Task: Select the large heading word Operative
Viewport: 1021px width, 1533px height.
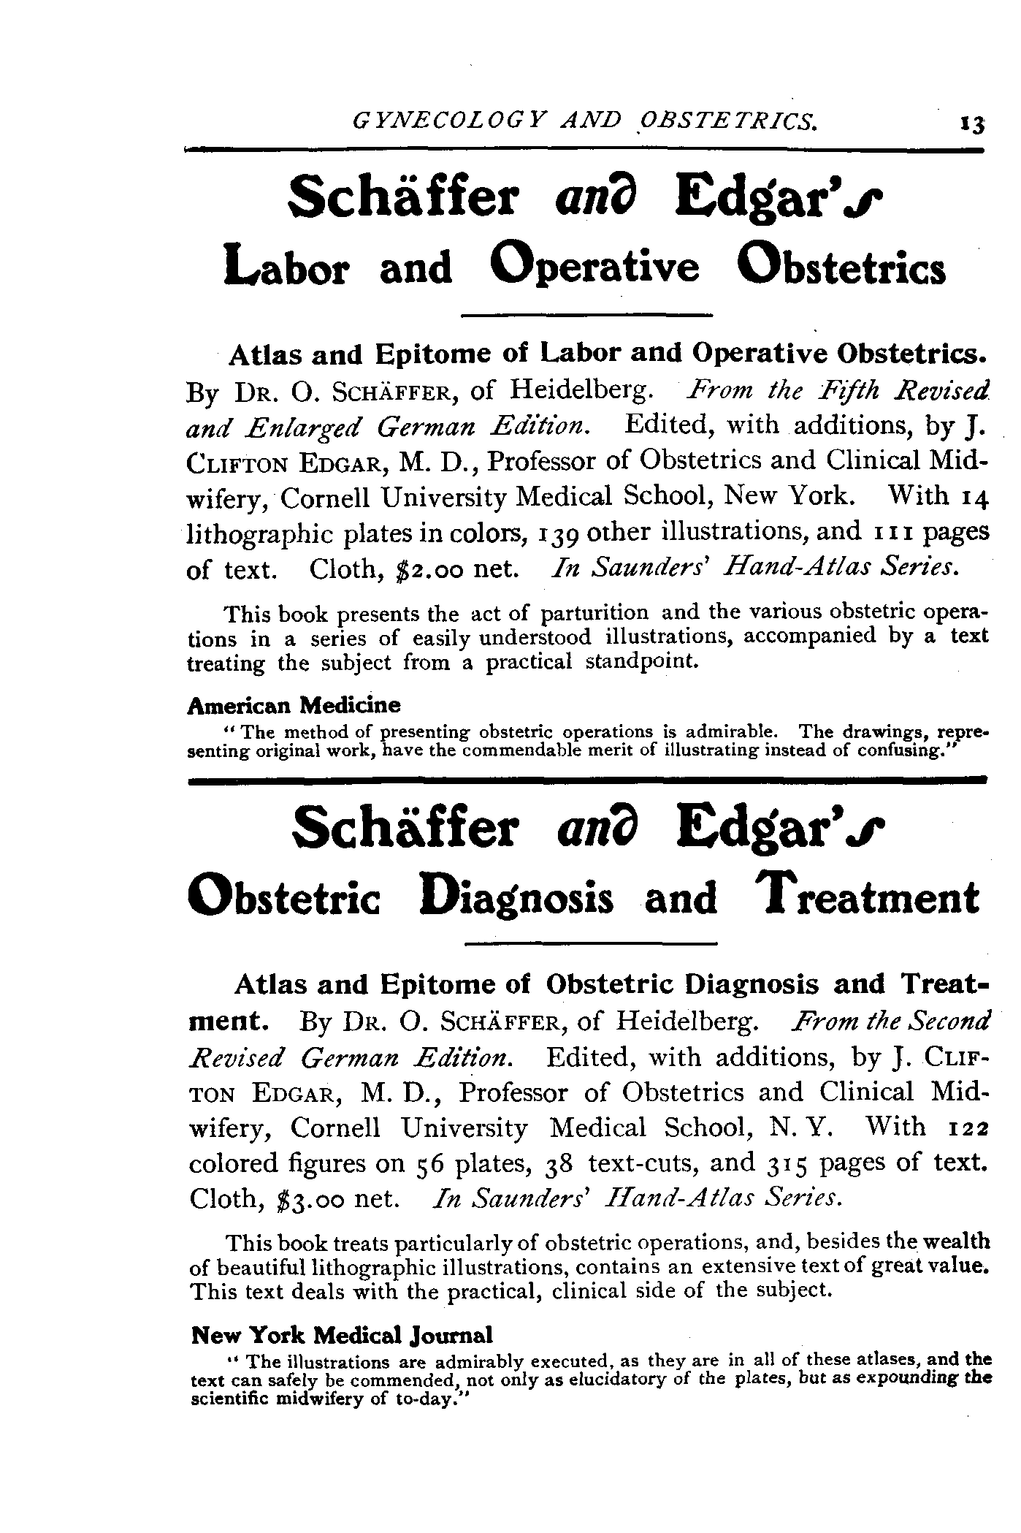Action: [x=595, y=267]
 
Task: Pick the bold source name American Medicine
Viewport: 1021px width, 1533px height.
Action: [x=294, y=705]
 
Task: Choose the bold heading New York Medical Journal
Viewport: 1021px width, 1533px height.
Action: [x=341, y=1335]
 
